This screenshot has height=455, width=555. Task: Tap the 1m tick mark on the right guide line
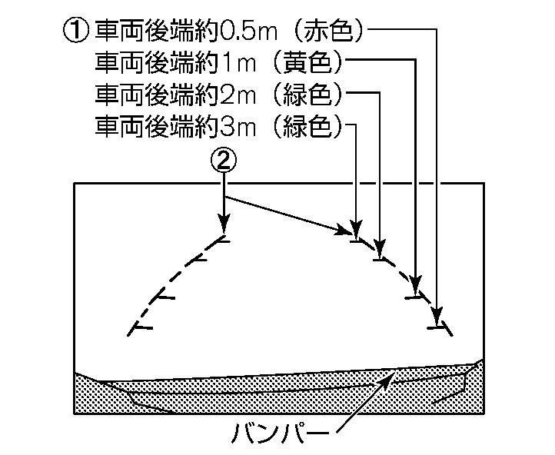416,296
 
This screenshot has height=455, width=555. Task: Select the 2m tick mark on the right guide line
380,259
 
